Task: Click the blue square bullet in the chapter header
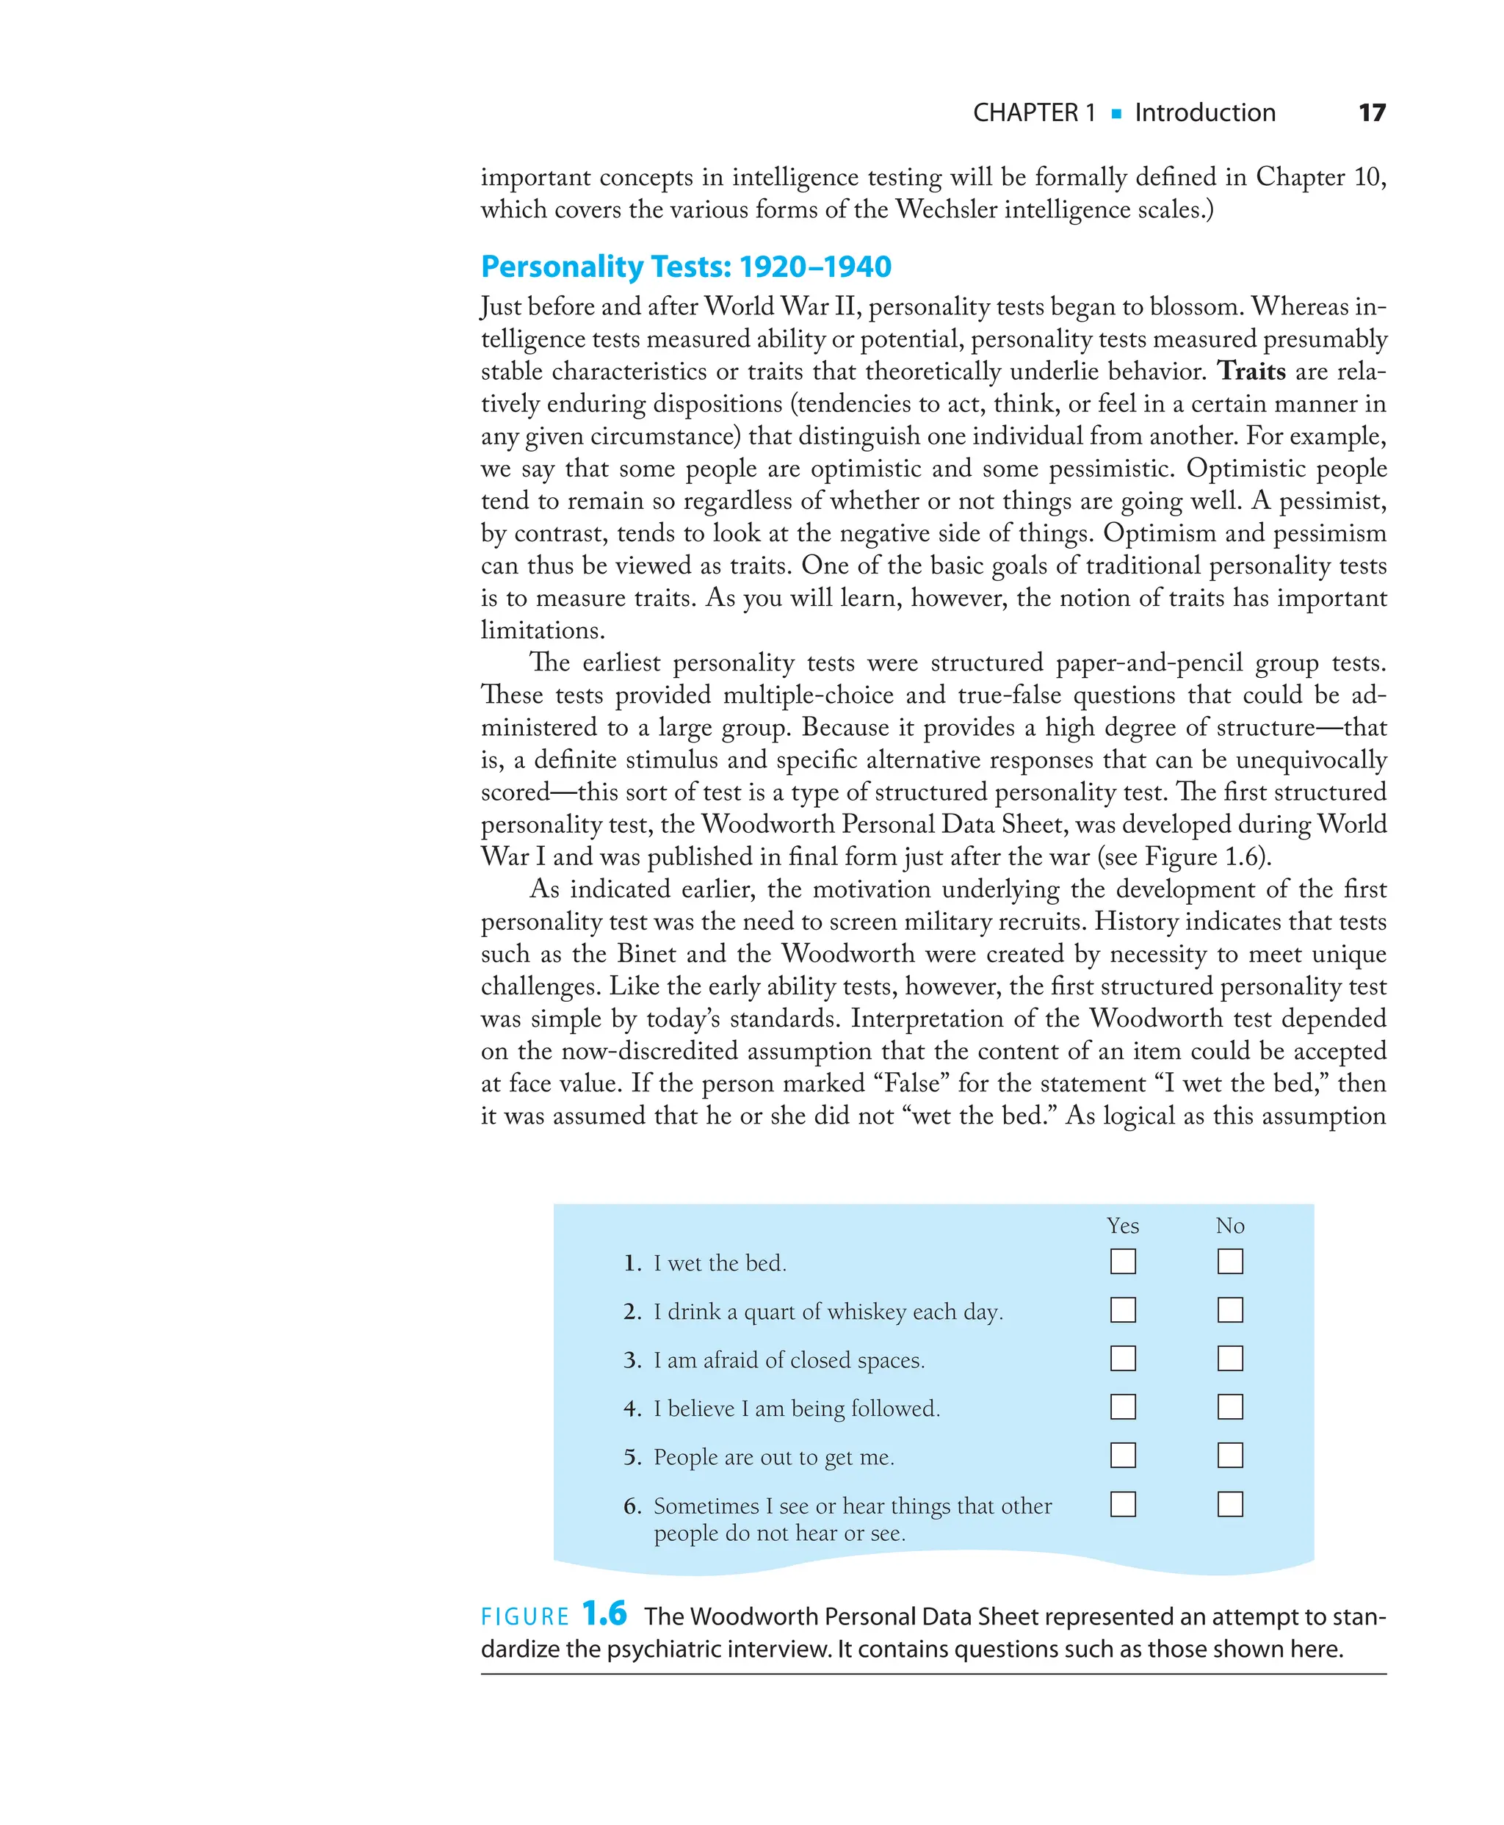(x=1116, y=114)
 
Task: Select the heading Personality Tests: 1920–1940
(x=685, y=266)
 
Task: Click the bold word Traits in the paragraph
(x=1251, y=371)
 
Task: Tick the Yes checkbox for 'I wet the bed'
(x=1123, y=1261)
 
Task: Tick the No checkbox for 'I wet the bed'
(x=1229, y=1261)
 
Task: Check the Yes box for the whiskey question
(x=1123, y=1309)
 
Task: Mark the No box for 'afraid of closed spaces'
(x=1229, y=1358)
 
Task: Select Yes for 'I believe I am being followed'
(x=1123, y=1406)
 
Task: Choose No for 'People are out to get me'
(x=1229, y=1455)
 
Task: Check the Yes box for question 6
(x=1123, y=1505)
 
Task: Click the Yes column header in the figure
(x=1123, y=1226)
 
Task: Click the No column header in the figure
(x=1229, y=1226)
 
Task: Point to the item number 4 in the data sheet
(x=632, y=1409)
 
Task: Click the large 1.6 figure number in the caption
(x=604, y=1613)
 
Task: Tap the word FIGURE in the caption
(x=524, y=1617)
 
